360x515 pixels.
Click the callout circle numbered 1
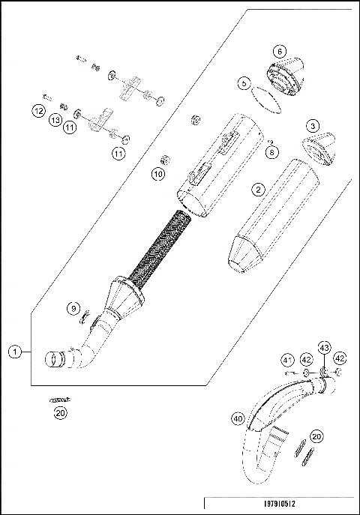tap(13, 350)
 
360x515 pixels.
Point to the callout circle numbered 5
tap(244, 85)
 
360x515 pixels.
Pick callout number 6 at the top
tap(279, 51)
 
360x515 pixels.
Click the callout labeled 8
tap(272, 152)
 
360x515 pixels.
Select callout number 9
tap(73, 308)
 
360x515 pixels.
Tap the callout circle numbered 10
tap(157, 174)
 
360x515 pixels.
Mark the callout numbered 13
tap(55, 120)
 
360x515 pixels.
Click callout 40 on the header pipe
tap(238, 418)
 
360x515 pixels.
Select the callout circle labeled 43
tap(324, 349)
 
